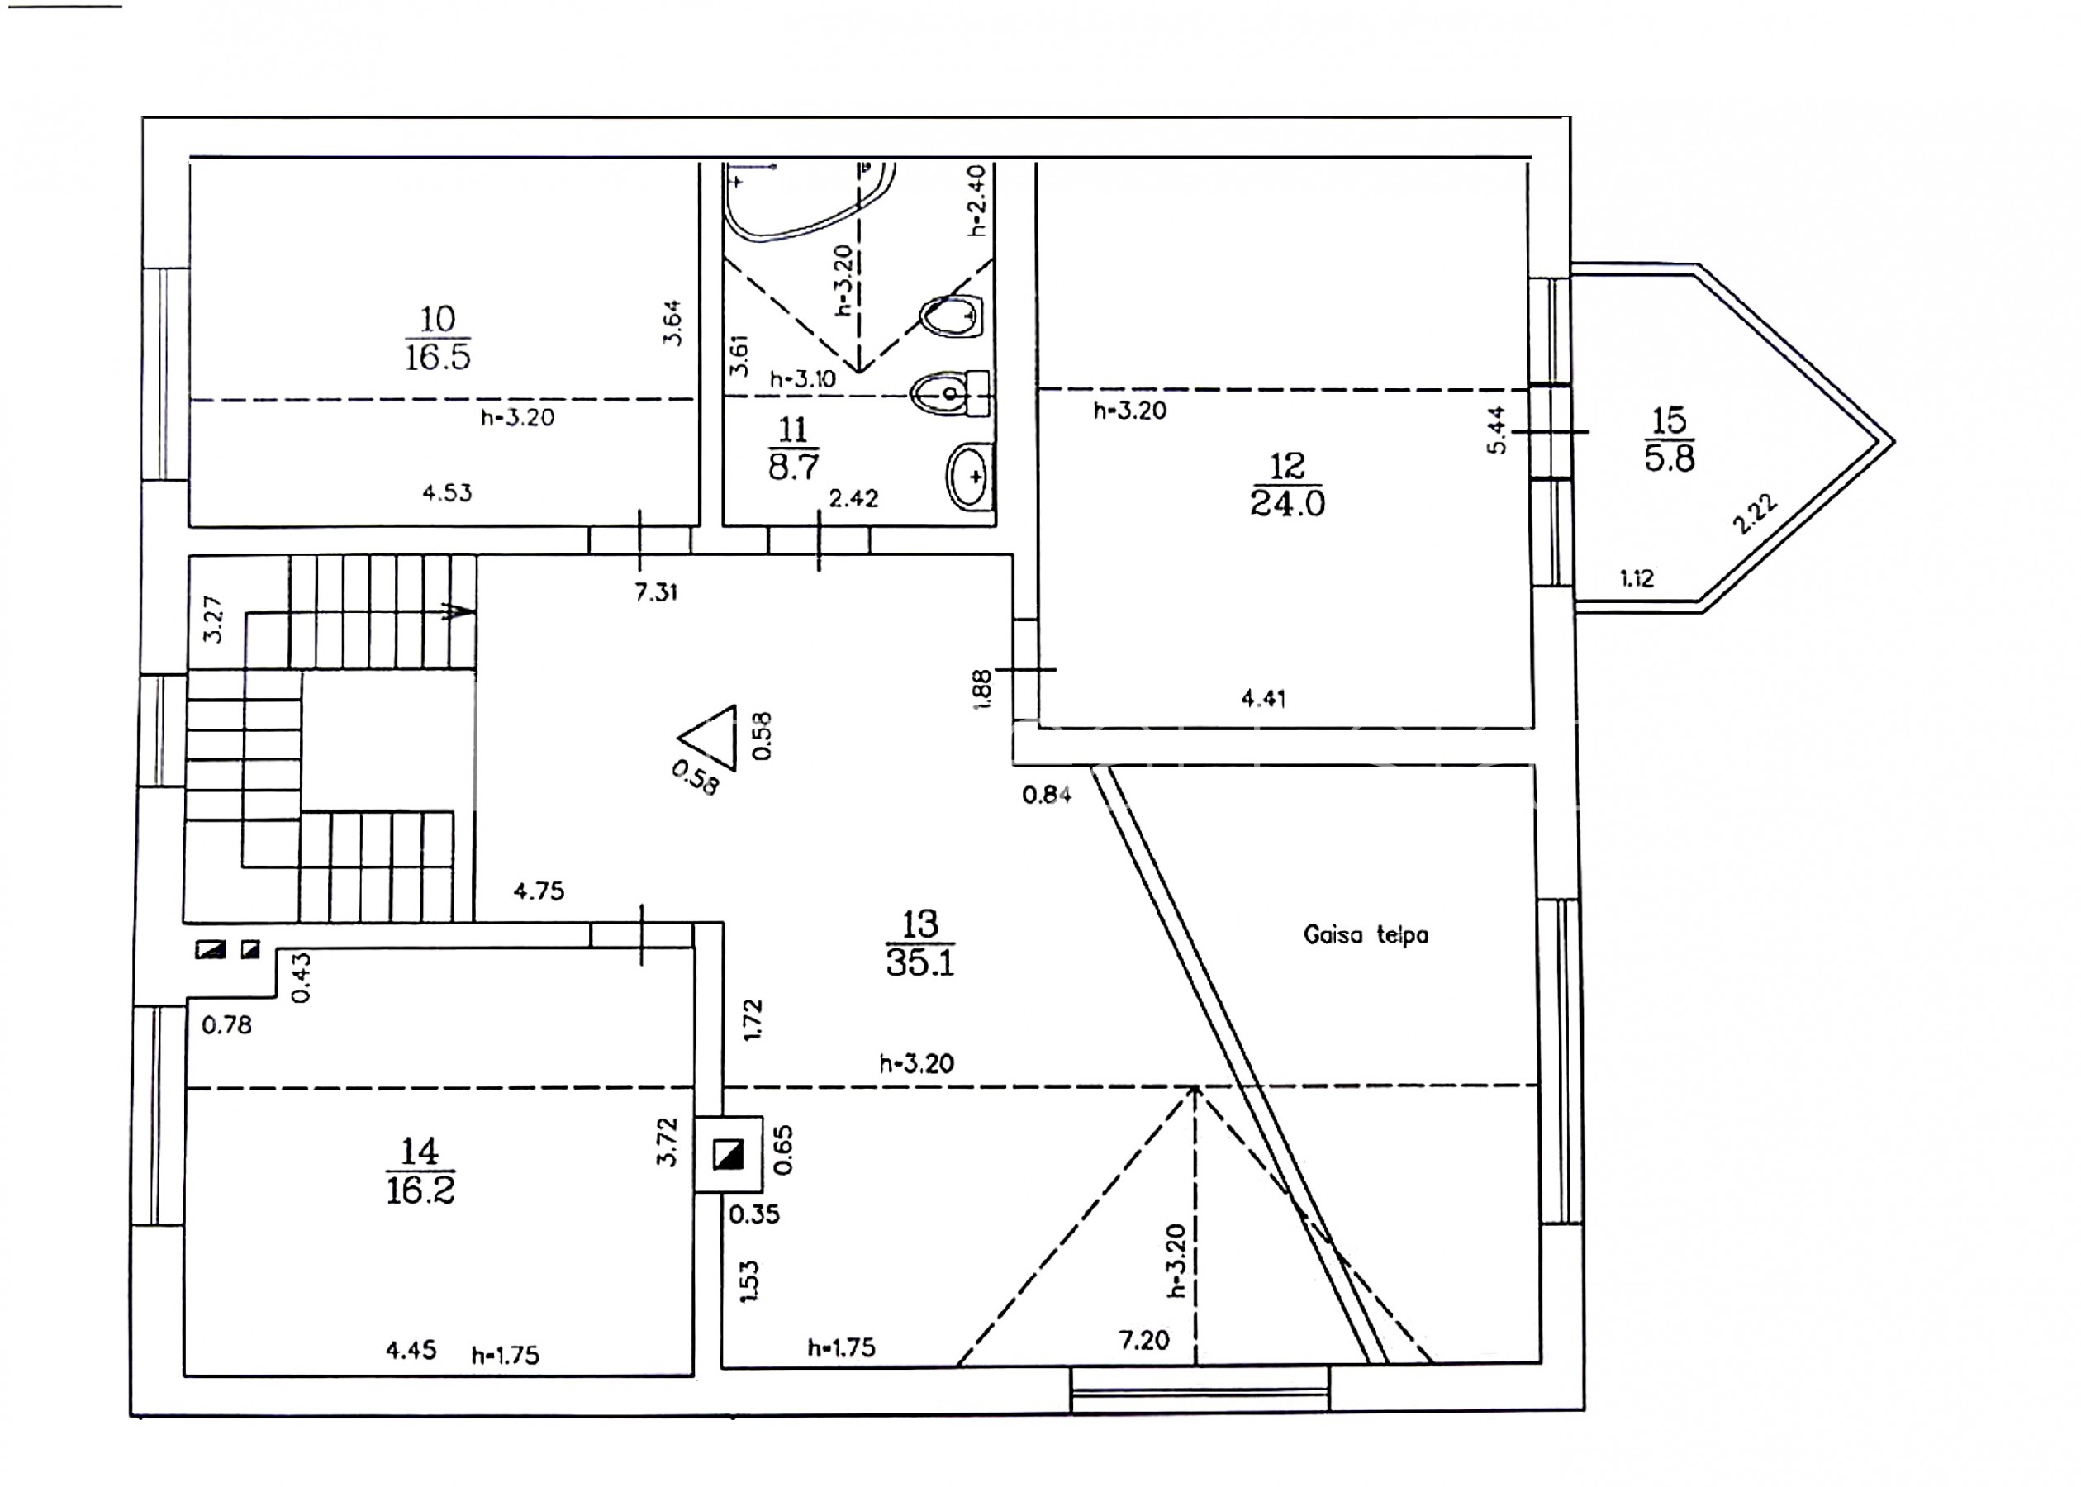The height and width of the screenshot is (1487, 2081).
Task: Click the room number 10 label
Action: click(438, 320)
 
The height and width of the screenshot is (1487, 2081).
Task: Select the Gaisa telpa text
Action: click(1365, 935)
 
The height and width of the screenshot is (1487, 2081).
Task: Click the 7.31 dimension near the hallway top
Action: click(655, 592)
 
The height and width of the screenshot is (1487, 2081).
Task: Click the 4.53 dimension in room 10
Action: click(447, 492)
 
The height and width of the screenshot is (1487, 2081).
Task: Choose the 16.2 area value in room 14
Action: click(420, 1190)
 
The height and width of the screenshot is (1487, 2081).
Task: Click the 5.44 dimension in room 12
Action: click(1496, 430)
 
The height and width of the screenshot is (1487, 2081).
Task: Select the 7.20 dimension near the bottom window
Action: click(1143, 1340)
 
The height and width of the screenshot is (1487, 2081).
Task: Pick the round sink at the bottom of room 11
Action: click(969, 476)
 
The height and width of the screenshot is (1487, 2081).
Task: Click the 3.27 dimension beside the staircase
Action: click(212, 620)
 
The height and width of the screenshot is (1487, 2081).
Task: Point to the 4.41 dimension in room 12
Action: click(1263, 699)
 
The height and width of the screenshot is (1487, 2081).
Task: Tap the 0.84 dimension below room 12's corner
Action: click(1047, 794)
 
